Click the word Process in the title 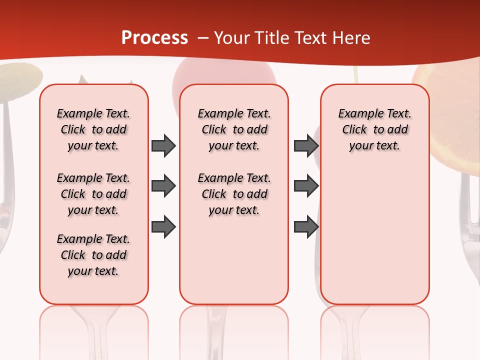pos(154,37)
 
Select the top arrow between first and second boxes pos(163,145)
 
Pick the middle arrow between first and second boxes pos(163,186)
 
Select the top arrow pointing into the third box pos(306,145)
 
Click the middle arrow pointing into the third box pos(306,186)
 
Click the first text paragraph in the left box pos(93,129)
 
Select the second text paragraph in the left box pos(93,194)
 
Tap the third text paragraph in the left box pos(93,255)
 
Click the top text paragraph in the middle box pos(234,129)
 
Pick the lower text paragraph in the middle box pos(234,194)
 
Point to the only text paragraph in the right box pos(374,129)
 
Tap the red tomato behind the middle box pos(224,75)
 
